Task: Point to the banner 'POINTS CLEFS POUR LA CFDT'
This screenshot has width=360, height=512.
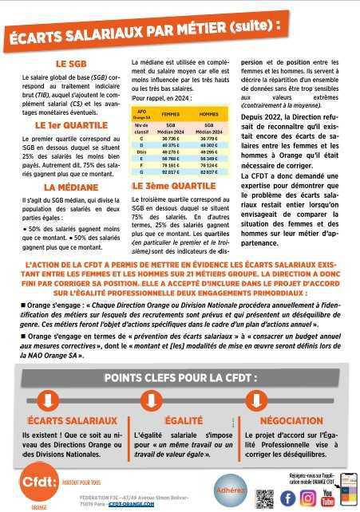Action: click(x=180, y=377)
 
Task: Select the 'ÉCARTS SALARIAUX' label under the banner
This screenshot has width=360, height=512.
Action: click(x=73, y=420)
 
